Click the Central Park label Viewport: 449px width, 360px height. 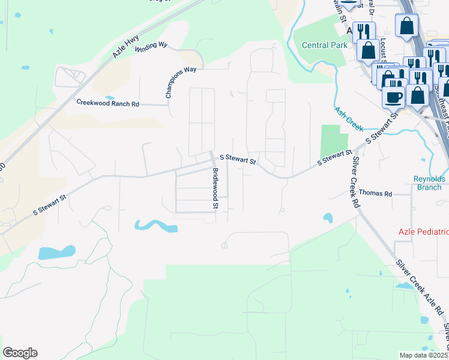(324, 45)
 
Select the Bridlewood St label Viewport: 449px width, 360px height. (214, 188)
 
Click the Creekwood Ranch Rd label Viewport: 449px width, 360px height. (107, 103)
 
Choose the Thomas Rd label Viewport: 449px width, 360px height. (375, 193)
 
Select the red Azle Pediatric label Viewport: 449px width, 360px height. (423, 232)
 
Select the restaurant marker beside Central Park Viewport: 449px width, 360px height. (364, 30)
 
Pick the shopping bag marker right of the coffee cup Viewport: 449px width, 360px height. (417, 94)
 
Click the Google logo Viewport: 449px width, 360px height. (20, 353)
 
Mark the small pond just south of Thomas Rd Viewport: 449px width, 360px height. (328, 217)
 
